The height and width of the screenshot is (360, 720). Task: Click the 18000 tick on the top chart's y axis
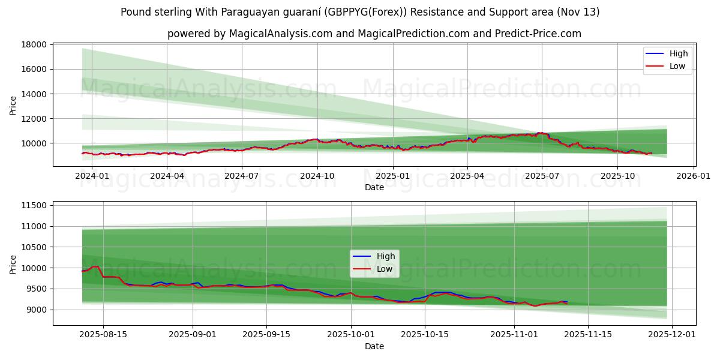tap(34, 44)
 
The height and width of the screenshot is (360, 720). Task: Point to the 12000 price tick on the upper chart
tap(34, 119)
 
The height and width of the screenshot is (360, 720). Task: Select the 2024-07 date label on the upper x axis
tap(242, 176)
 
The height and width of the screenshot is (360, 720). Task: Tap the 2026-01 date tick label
tap(694, 176)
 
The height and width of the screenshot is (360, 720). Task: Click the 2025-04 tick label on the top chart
tap(467, 176)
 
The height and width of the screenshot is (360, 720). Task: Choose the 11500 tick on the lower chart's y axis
tap(34, 206)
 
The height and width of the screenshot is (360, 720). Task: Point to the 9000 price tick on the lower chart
tap(37, 310)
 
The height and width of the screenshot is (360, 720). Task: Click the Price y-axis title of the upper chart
tap(13, 106)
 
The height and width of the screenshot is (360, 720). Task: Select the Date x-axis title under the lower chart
tap(374, 346)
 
